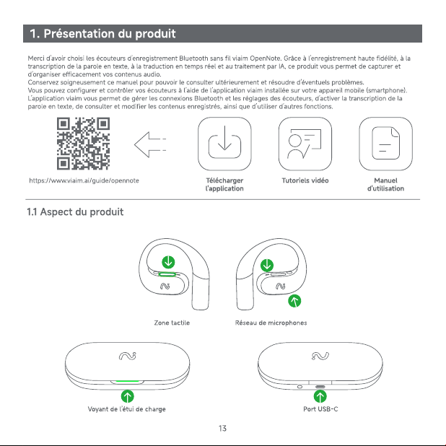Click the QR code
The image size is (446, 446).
83,144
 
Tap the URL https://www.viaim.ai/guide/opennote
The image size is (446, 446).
84,180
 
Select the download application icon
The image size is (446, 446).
224,144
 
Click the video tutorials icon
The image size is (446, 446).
305,144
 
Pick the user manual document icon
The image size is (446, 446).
385,144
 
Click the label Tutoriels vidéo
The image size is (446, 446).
305,180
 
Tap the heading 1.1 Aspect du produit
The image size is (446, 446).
75,212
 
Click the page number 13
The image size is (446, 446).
223,429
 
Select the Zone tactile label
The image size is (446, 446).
172,323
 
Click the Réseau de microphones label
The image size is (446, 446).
271,323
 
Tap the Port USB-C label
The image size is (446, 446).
320,409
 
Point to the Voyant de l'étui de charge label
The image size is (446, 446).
126,409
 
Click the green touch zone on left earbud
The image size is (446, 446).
167,274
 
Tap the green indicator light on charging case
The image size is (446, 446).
127,381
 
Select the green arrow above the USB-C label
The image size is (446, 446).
320,396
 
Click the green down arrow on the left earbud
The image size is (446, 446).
168,262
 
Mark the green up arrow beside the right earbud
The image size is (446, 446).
294,301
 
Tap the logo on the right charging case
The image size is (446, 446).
320,356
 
